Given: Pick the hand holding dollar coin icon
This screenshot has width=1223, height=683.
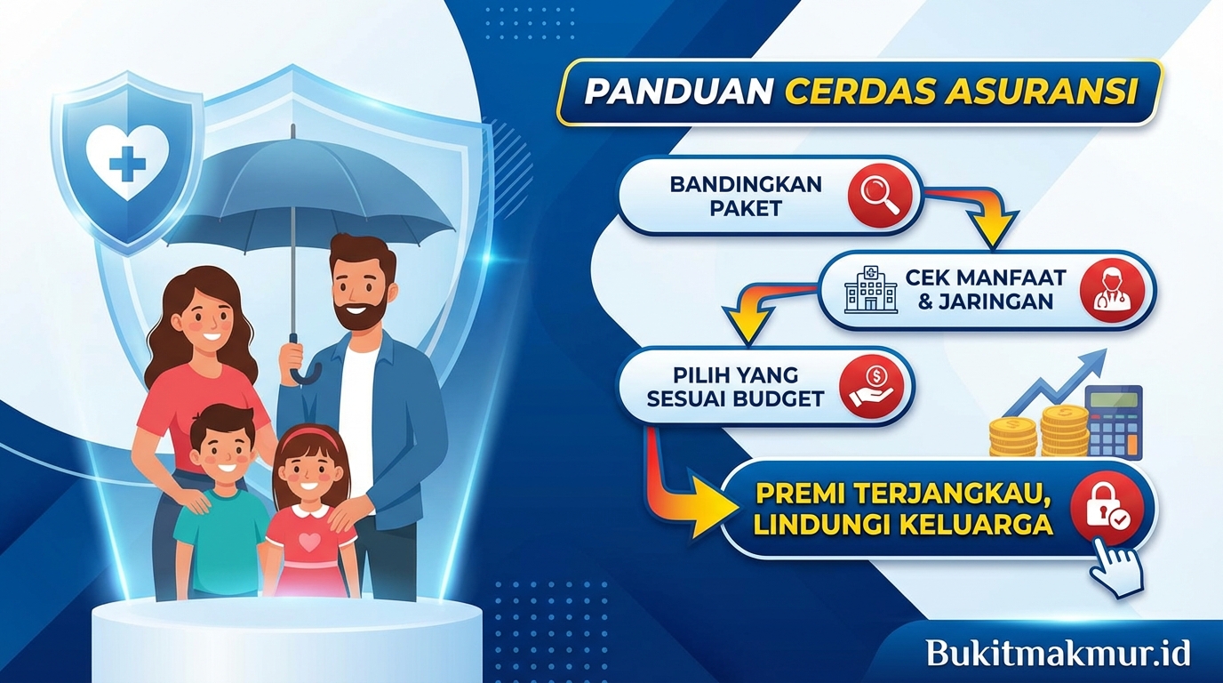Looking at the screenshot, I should (x=875, y=386).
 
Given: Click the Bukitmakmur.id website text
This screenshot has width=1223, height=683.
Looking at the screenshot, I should (x=1058, y=653).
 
